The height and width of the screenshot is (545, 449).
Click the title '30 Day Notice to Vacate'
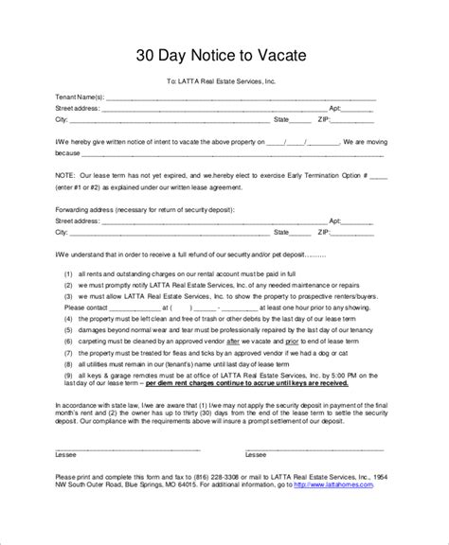coord(224,56)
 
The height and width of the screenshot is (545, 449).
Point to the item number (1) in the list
coord(69,273)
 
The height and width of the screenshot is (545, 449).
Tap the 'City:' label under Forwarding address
coord(63,232)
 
